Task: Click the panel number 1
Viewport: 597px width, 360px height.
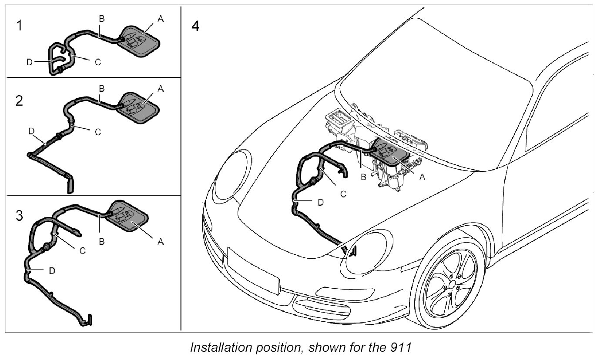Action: (18, 26)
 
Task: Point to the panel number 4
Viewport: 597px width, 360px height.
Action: (195, 26)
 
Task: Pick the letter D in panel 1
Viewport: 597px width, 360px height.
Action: (29, 62)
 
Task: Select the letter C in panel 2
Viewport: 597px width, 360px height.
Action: (98, 131)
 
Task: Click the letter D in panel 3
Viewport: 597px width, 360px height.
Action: (52, 270)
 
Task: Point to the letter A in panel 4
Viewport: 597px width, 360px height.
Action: (422, 177)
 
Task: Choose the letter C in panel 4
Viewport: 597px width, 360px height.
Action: (343, 194)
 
